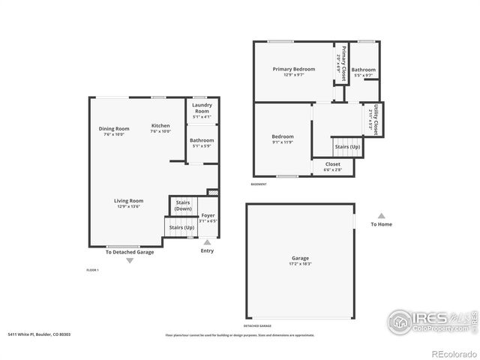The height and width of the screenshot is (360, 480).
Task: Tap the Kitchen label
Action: coord(160,128)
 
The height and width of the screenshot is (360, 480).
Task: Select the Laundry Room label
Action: coord(202,110)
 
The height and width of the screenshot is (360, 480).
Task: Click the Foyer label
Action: coord(208,218)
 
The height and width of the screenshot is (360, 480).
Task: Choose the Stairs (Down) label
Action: coord(183,205)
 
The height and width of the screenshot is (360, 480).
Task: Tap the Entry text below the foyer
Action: coord(207,250)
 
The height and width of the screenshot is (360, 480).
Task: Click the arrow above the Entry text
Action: coord(207,242)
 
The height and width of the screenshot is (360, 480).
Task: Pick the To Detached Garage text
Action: coord(129,252)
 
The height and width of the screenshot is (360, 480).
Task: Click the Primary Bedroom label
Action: coord(293,72)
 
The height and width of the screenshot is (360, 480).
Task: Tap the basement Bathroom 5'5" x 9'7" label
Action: coord(364,73)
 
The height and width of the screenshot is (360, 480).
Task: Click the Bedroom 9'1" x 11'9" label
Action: coord(283,139)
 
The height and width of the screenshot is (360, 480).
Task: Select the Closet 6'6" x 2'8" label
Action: coord(332,166)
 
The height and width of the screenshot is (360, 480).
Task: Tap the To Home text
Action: coord(381,224)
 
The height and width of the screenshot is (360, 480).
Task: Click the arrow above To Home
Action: coord(381,215)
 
